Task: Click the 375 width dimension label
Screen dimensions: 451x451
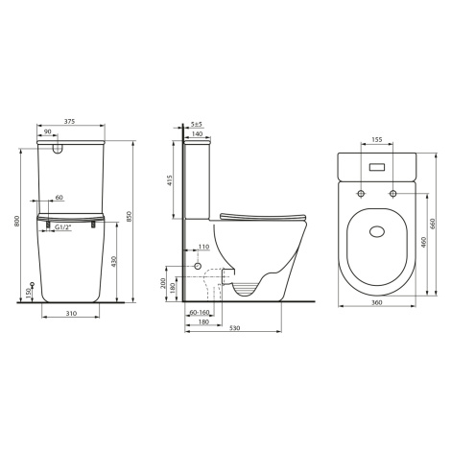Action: click(69, 122)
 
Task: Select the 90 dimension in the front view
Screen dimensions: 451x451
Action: click(47, 131)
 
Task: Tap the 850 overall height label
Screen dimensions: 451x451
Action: click(129, 216)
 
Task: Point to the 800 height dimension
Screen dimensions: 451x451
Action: click(17, 221)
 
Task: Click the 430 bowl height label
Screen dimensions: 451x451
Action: click(114, 261)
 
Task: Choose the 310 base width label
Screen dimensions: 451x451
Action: click(71, 314)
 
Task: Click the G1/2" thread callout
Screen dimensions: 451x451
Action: click(62, 227)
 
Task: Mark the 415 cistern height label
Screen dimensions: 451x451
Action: click(170, 180)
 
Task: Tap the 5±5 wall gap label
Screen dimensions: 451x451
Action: click(197, 124)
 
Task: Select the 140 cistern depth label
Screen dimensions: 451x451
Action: click(198, 133)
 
